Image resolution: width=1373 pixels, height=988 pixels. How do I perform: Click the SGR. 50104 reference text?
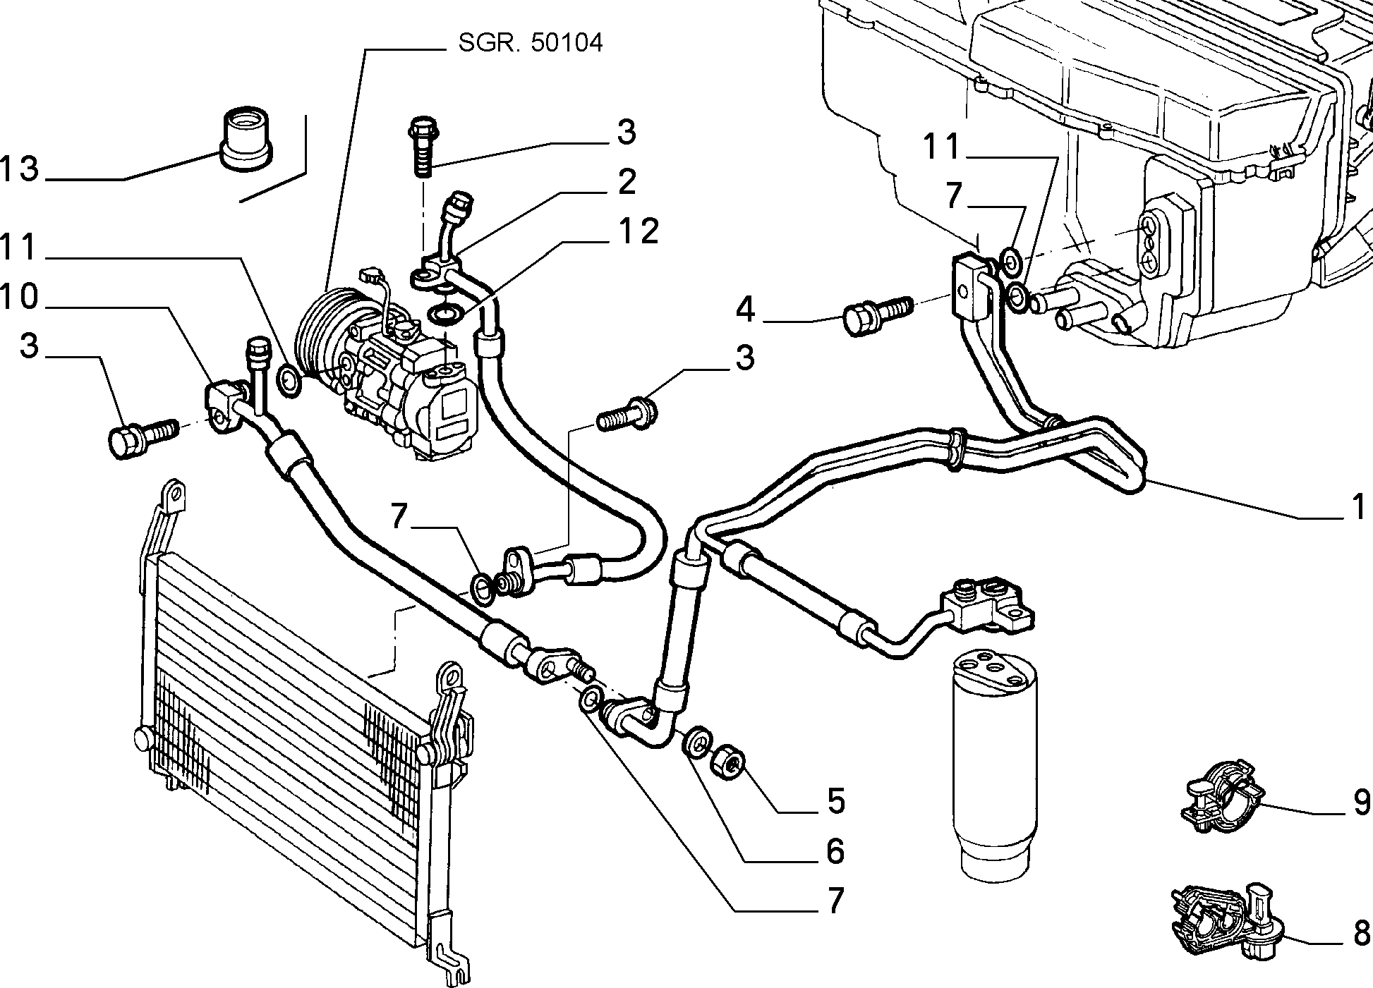point(531,44)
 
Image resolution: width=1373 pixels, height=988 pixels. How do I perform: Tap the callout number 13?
point(20,169)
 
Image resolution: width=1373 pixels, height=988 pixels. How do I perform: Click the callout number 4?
point(746,310)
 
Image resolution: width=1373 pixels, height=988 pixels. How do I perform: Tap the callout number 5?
point(835,801)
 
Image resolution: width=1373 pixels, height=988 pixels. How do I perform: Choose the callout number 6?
point(835,853)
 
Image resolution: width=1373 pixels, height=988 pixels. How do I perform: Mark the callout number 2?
point(627,182)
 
